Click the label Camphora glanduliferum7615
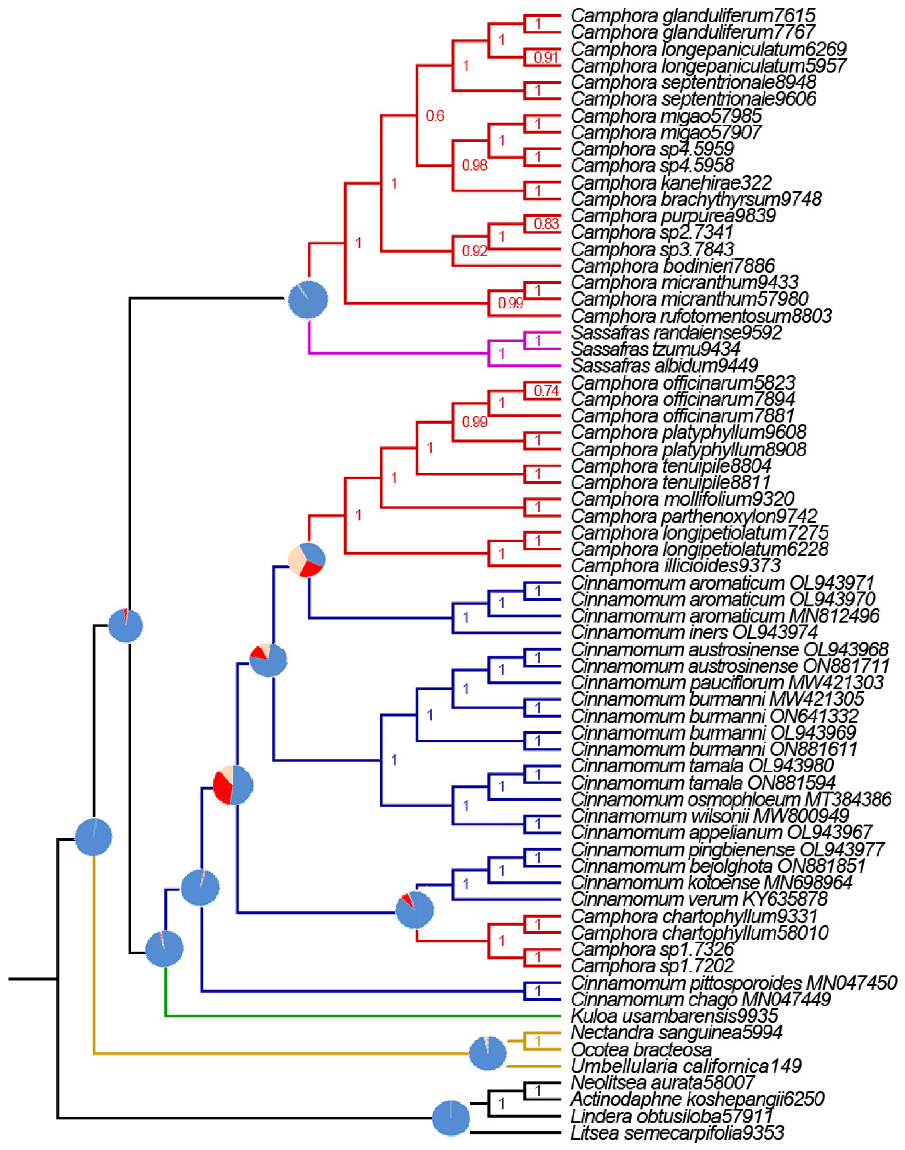692,15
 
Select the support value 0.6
435,116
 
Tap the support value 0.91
546,57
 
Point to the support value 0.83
546,224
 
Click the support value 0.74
546,391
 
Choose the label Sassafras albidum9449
664,365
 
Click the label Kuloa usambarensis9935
674,1016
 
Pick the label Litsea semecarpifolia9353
677,1133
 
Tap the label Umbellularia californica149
686,1066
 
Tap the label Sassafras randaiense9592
676,332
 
